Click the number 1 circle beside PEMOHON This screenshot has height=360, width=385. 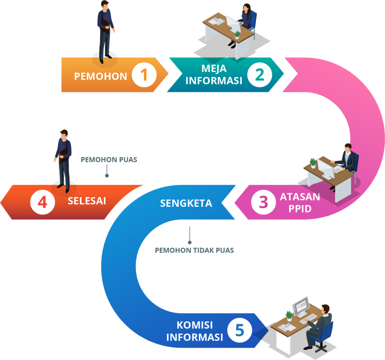tap(144, 75)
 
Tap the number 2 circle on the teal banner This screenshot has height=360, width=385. tap(260, 75)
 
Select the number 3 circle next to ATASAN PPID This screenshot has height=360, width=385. tap(263, 202)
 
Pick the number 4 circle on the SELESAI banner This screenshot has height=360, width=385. tap(42, 202)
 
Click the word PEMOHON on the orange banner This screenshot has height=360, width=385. tap(101, 76)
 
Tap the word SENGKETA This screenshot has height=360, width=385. tap(186, 203)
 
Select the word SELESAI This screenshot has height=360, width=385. tap(87, 201)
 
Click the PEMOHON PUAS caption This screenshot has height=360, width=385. tap(109, 160)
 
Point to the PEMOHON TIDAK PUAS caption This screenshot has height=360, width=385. tap(194, 250)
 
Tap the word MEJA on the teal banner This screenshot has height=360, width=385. tap(214, 68)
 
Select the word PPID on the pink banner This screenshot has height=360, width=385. tap(300, 208)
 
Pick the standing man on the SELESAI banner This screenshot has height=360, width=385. tap(63, 159)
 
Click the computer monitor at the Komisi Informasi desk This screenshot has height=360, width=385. tap(301, 305)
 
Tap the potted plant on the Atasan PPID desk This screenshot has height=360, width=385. tap(313, 162)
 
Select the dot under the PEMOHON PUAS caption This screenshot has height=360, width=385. tap(106, 175)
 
